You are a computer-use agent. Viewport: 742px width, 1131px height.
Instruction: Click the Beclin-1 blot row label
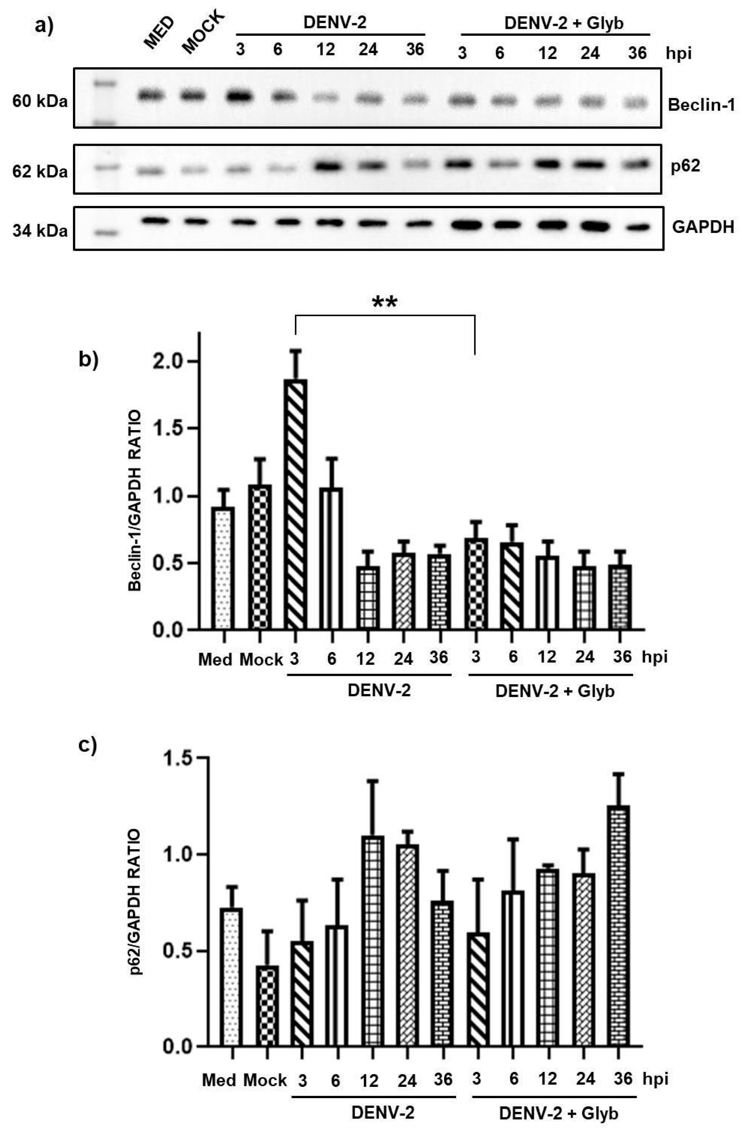[701, 105]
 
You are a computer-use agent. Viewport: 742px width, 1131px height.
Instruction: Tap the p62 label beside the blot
[685, 166]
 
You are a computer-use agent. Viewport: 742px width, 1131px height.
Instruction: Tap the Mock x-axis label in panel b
[261, 659]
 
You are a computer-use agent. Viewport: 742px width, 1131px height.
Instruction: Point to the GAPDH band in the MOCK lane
[194, 221]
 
